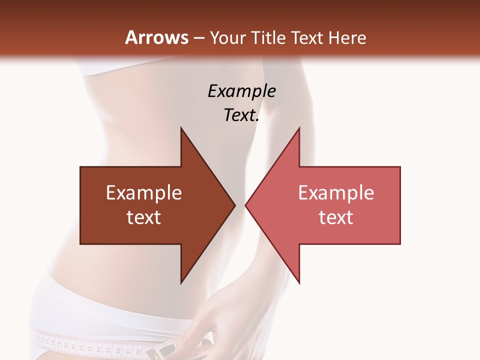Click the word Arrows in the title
click(x=156, y=37)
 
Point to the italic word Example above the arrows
click(x=241, y=91)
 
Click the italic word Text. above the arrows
click(x=241, y=115)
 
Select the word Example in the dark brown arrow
click(x=143, y=193)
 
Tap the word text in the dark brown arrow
click(x=143, y=217)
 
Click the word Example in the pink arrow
click(x=336, y=193)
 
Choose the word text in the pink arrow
click(x=336, y=217)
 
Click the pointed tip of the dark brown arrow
click(x=234, y=205)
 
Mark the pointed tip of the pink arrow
click(x=246, y=205)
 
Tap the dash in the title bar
click(x=198, y=37)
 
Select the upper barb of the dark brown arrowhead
click(x=182, y=131)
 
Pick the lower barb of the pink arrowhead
click(x=298, y=280)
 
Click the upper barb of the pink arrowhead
click(x=298, y=131)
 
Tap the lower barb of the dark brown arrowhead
click(x=182, y=280)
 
